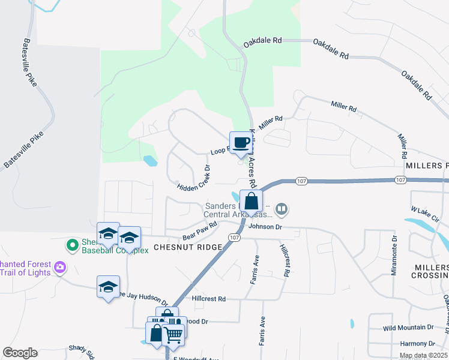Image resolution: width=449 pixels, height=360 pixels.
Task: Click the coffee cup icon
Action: tap(241, 143)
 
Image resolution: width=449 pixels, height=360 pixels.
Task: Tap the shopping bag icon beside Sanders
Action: tap(251, 201)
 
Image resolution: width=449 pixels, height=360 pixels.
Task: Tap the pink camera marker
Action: tap(59, 267)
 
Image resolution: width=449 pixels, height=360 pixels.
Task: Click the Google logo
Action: tap(20, 352)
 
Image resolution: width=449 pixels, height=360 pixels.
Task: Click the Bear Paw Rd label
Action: tap(199, 232)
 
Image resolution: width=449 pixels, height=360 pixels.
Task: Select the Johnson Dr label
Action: tap(265, 227)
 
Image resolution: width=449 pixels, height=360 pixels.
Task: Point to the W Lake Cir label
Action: tap(426, 215)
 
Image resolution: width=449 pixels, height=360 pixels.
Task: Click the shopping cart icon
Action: tap(173, 334)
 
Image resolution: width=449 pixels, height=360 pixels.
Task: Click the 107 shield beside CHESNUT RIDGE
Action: tap(231, 237)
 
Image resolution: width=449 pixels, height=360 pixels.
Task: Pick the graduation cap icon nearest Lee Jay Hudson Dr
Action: tap(108, 287)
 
